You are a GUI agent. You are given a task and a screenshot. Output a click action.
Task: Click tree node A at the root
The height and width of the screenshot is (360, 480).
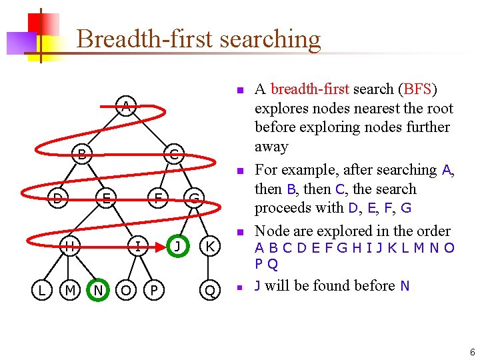click(x=125, y=105)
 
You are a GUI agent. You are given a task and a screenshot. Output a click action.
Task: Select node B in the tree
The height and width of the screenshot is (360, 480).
click(x=81, y=155)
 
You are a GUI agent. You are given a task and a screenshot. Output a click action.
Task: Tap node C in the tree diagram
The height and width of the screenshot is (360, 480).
click(x=173, y=155)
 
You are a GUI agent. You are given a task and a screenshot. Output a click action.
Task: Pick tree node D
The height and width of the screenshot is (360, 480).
click(x=58, y=197)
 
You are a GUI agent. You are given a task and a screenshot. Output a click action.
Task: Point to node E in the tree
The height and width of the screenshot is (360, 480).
click(x=105, y=197)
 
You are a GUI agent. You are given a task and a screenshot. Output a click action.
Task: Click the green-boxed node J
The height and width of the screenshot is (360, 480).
click(x=177, y=246)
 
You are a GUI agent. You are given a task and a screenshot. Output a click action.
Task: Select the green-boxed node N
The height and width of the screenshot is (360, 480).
click(x=98, y=290)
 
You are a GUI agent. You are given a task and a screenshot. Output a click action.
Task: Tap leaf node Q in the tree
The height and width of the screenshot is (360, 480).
click(x=210, y=290)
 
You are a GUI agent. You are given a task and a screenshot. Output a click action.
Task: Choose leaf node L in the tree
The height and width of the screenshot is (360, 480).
click(x=41, y=290)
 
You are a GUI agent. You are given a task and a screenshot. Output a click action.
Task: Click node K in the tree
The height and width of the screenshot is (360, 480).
click(x=210, y=246)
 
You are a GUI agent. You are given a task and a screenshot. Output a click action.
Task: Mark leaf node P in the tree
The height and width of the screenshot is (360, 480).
click(x=154, y=290)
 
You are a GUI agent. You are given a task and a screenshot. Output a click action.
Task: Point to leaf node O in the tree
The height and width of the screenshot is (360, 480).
click(x=125, y=290)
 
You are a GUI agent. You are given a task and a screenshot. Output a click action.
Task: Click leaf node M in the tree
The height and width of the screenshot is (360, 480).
click(x=69, y=290)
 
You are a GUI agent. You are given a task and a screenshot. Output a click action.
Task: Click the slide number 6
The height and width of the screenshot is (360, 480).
click(x=471, y=352)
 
